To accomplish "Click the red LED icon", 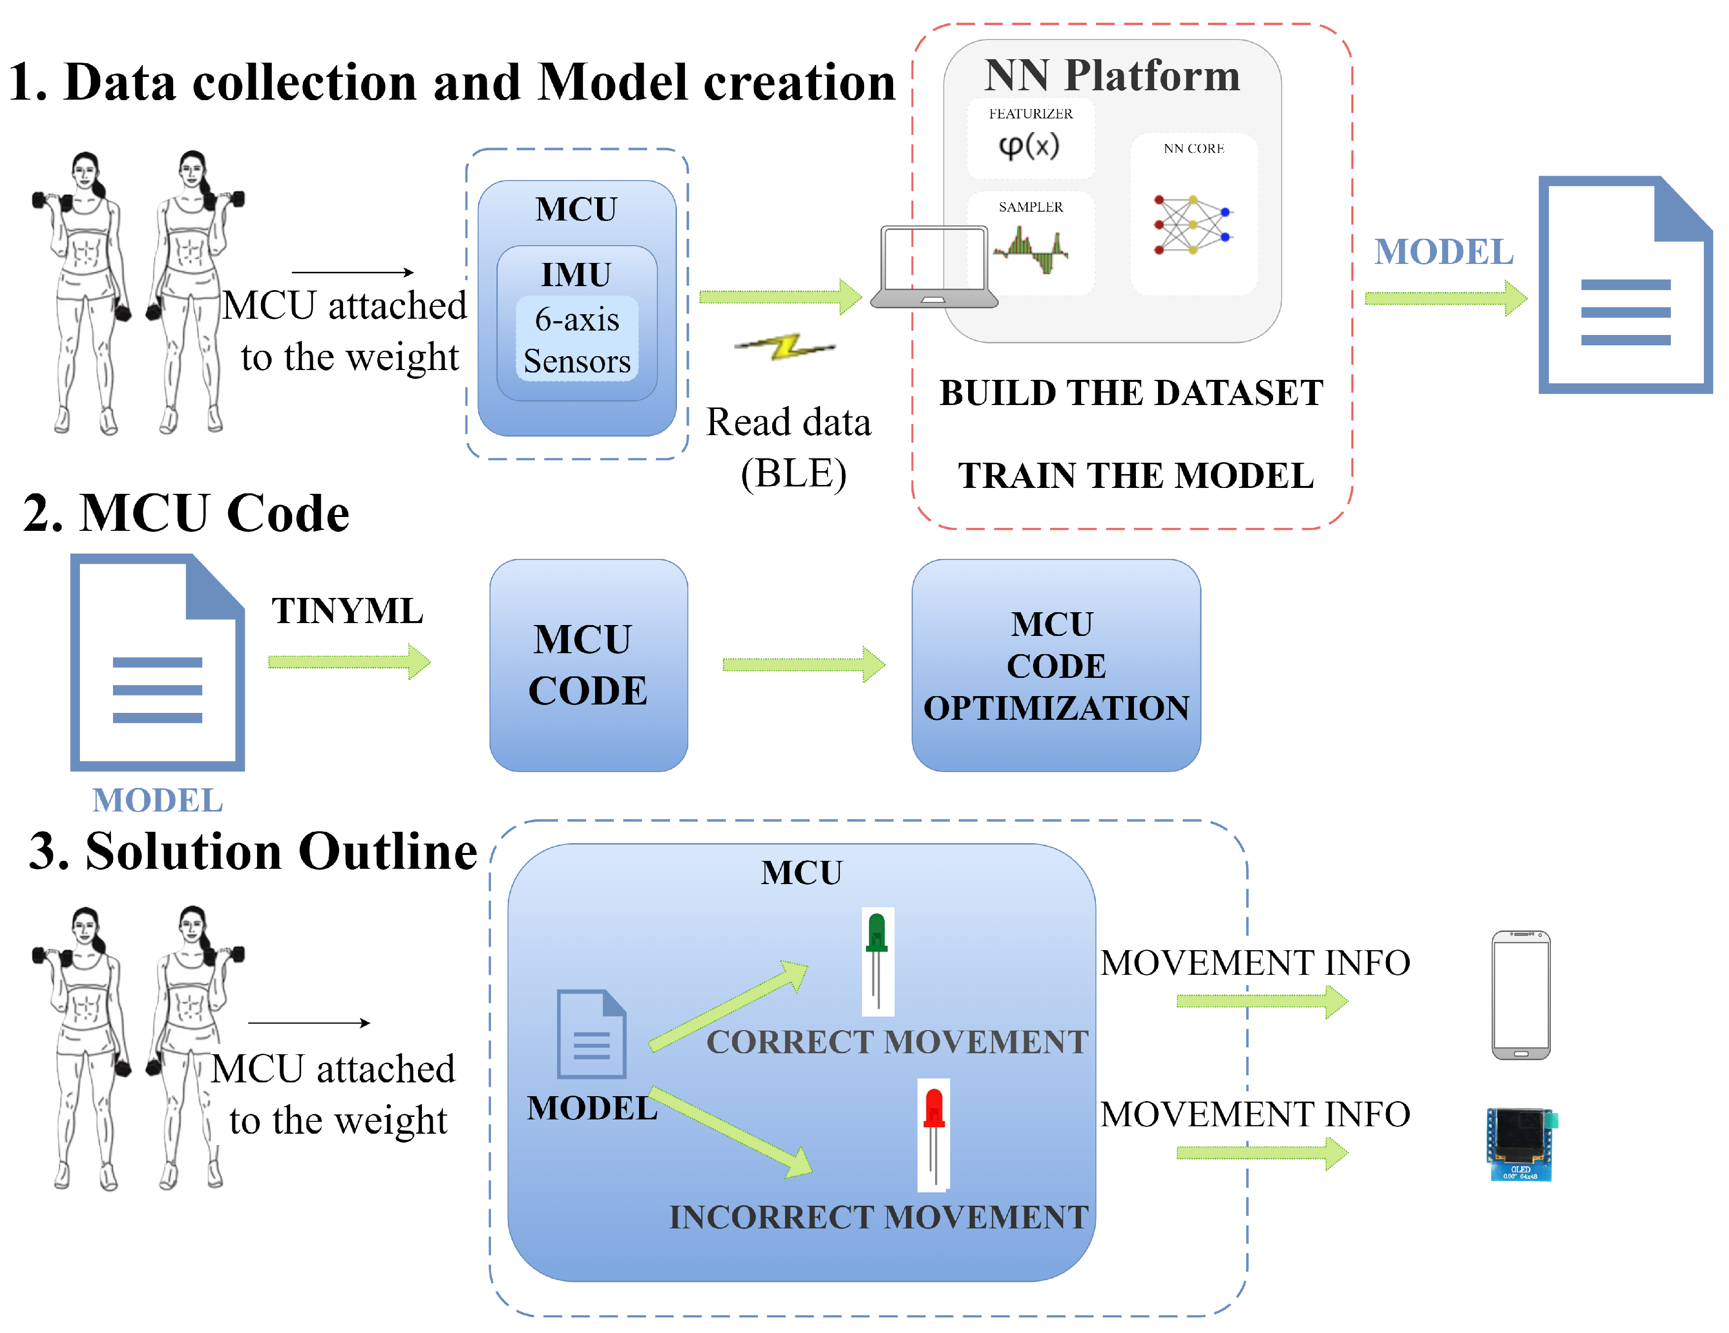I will point(934,1134).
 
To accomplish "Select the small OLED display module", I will point(1520,1145).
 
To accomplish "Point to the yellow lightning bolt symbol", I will point(786,347).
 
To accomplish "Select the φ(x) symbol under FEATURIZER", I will point(1029,146).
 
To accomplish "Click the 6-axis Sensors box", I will point(577,339).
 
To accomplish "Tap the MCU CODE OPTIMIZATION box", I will point(1055,665).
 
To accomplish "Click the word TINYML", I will point(347,610).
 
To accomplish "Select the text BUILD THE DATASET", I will point(1130,393).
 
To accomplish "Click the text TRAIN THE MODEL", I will point(1135,475).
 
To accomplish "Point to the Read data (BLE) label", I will point(789,447).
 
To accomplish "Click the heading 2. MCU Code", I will point(186,513).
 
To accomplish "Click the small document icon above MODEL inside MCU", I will point(591,1033).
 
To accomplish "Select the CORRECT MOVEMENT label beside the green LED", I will point(897,1042).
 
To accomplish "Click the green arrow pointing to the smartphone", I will point(1261,1001).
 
